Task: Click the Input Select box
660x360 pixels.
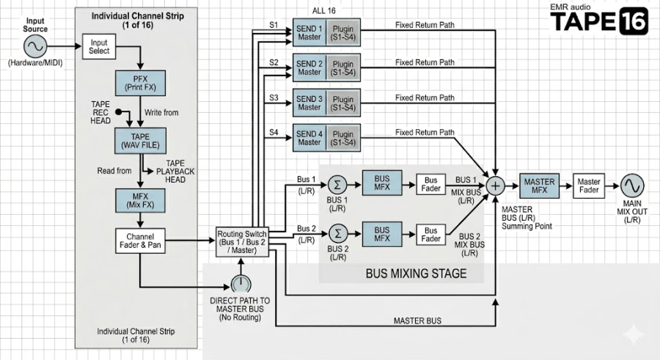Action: coord(99,47)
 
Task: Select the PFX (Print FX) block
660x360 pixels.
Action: coord(140,83)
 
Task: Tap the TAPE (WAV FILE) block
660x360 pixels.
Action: coord(140,141)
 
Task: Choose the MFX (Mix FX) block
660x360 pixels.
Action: coord(140,200)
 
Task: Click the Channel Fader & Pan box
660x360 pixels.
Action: coord(140,240)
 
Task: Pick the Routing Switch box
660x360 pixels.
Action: coord(242,242)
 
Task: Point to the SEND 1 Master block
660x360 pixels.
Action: coord(309,32)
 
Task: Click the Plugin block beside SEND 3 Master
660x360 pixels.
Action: coord(343,103)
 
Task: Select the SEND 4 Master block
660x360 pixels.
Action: coord(309,138)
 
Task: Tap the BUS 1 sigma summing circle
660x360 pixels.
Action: coord(337,185)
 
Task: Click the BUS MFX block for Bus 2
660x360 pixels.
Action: coord(382,235)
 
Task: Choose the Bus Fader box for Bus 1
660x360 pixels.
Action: coord(430,185)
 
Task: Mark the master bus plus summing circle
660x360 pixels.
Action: coord(496,185)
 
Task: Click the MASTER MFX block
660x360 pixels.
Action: coord(539,185)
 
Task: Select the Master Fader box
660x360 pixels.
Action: coord(588,185)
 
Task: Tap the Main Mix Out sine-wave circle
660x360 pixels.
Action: coord(632,185)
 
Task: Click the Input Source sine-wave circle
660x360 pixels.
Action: coord(35,46)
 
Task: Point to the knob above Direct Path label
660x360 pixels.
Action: coord(241,284)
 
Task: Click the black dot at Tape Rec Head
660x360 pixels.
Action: coord(119,112)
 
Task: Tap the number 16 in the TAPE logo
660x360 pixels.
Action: coord(634,21)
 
